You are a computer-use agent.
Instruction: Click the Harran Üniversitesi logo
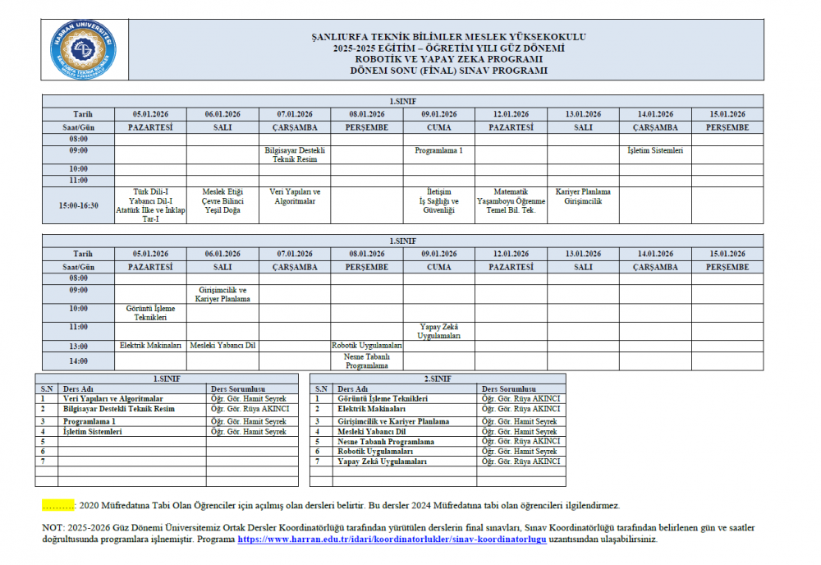(x=85, y=50)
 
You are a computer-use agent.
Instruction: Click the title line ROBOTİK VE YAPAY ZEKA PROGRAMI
(x=449, y=59)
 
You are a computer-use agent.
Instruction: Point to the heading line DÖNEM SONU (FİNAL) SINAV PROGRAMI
(x=449, y=71)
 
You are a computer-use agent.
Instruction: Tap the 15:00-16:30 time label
(x=78, y=205)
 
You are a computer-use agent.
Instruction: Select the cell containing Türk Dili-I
(x=150, y=205)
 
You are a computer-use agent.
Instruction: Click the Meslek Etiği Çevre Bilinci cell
(x=222, y=201)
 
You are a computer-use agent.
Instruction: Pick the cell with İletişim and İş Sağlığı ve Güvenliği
(x=438, y=201)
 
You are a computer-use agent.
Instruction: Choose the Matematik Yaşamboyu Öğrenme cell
(x=511, y=201)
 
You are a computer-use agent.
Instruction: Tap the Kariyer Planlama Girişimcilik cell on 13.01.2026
(x=583, y=196)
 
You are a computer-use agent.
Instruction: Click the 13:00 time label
(x=78, y=346)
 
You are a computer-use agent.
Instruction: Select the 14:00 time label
(x=78, y=361)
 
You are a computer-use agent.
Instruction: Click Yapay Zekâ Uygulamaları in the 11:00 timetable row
(x=438, y=332)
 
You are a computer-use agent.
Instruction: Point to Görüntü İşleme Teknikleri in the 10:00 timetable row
(x=150, y=313)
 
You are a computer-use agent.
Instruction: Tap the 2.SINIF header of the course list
(x=438, y=379)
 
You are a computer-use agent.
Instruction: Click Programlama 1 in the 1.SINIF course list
(x=90, y=421)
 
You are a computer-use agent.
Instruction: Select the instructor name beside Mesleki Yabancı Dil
(x=519, y=431)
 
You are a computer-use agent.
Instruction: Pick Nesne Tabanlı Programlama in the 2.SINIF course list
(x=385, y=442)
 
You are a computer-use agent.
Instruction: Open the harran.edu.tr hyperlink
(x=392, y=540)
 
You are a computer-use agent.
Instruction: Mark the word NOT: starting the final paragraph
(x=53, y=527)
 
